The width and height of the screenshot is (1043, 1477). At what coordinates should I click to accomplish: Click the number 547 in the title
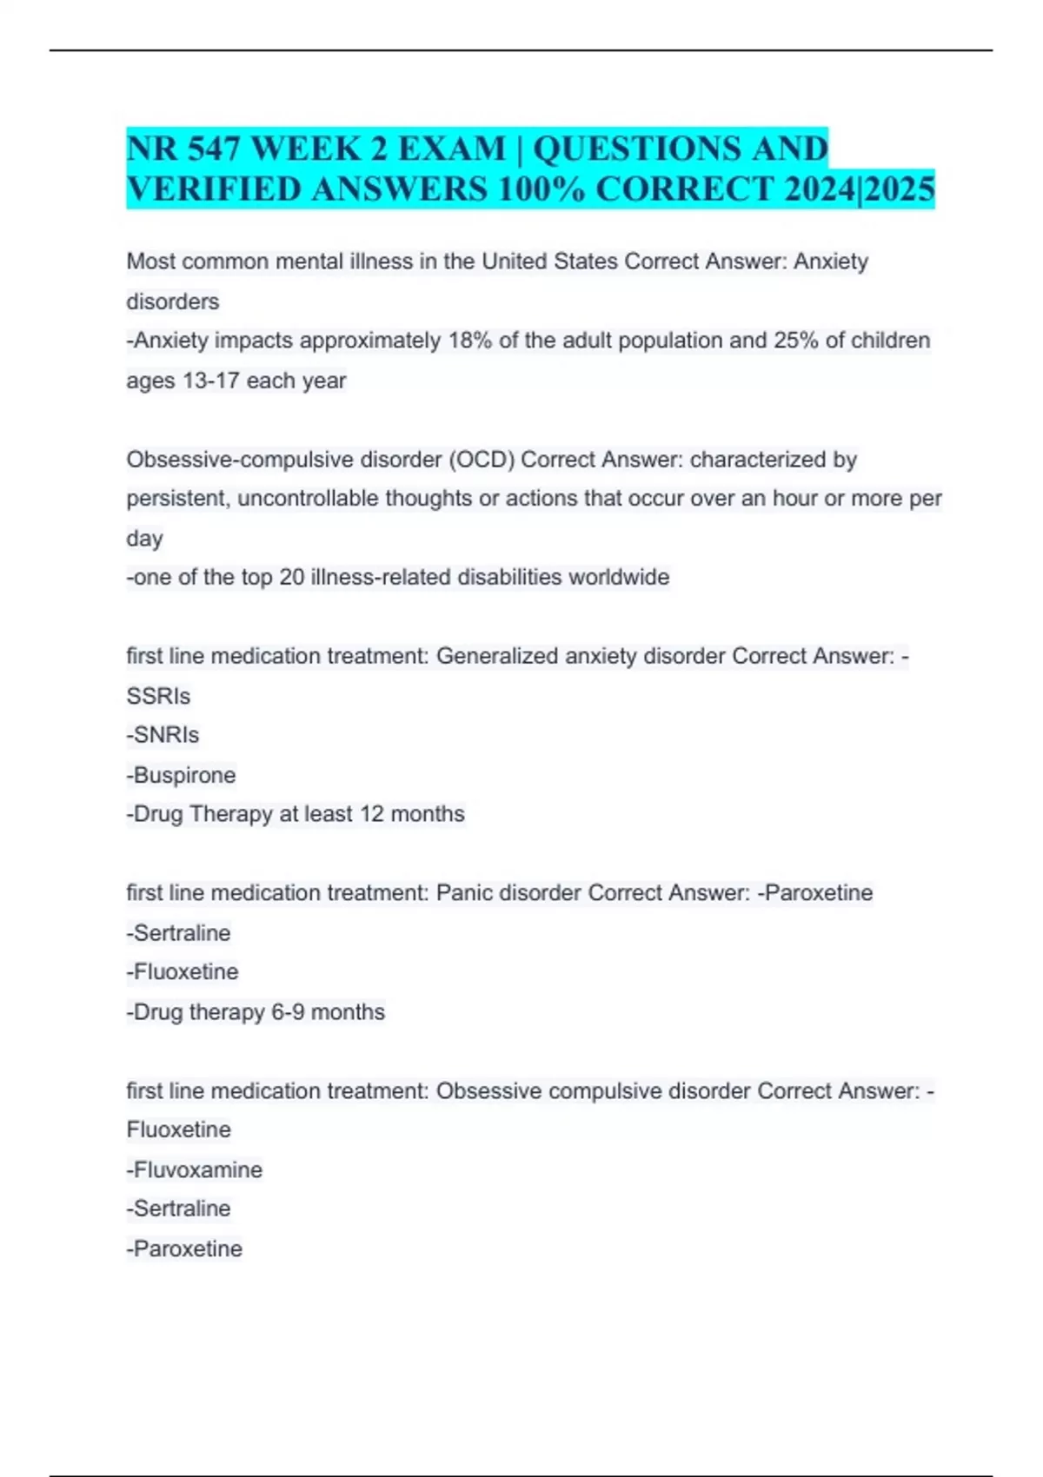[213, 149]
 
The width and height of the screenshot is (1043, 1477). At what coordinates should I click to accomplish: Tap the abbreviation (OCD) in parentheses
[482, 460]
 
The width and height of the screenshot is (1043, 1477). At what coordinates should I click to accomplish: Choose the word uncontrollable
[309, 499]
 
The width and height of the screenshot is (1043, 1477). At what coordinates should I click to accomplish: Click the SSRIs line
[158, 696]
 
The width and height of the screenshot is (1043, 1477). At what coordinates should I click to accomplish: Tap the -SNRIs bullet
[163, 735]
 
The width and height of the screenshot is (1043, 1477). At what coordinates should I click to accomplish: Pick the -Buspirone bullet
[182, 775]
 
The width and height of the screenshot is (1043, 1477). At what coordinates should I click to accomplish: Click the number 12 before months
[371, 814]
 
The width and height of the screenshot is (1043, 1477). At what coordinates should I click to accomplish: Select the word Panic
[464, 893]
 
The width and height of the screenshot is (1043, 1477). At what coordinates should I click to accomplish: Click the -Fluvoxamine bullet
[195, 1170]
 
